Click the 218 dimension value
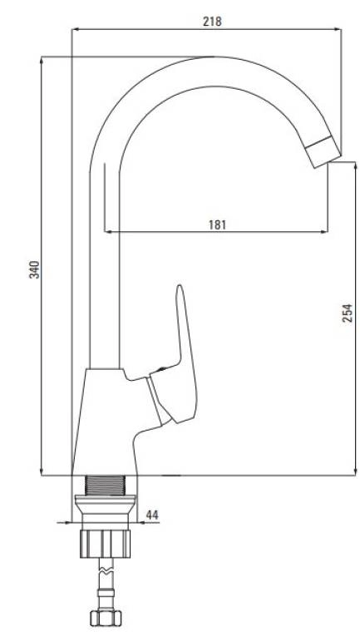click(x=212, y=21)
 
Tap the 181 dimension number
click(x=217, y=224)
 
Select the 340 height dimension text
click(x=35, y=269)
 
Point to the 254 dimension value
click(x=348, y=313)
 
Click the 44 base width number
click(x=151, y=515)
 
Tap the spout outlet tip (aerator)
click(x=323, y=152)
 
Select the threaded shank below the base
click(x=105, y=485)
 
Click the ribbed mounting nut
click(x=105, y=544)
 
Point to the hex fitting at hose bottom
click(x=106, y=618)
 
